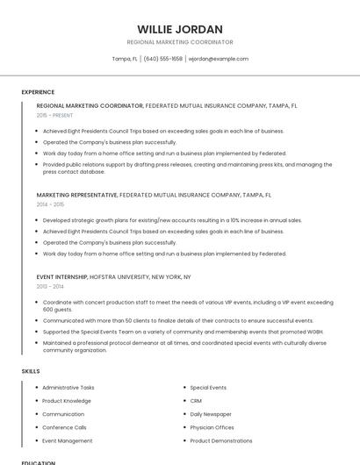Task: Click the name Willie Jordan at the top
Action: click(180, 29)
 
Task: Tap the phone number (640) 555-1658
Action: click(162, 59)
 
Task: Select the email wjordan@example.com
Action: click(220, 59)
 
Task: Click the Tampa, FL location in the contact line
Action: click(125, 59)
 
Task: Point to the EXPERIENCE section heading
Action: click(38, 92)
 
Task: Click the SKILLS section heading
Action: click(31, 371)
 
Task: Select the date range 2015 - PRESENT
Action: click(55, 115)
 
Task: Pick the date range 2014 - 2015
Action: click(50, 204)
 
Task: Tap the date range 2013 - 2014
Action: click(50, 286)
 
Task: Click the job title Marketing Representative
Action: click(77, 195)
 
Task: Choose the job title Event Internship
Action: click(61, 276)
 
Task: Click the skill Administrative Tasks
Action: click(68, 387)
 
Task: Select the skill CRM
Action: click(196, 400)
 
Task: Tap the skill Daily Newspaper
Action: click(211, 413)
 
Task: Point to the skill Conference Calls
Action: click(64, 427)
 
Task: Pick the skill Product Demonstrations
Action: click(221, 440)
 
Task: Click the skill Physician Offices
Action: click(212, 427)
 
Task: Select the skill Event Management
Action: click(68, 440)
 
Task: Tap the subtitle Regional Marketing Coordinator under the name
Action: click(180, 42)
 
